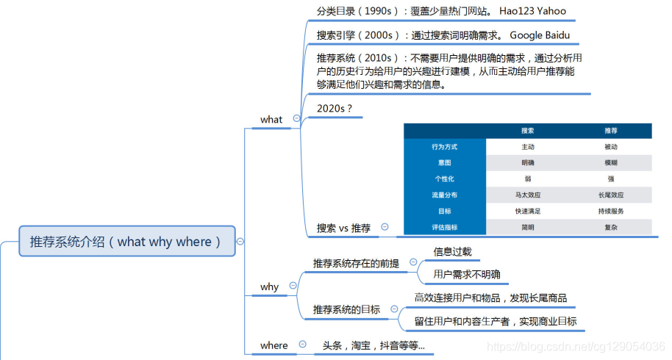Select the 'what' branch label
pyautogui.click(x=271, y=119)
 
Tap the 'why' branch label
pyautogui.click(x=270, y=287)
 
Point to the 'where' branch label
pyautogui.click(x=274, y=345)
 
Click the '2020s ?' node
pyautogui.click(x=335, y=108)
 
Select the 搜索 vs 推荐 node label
pyautogui.click(x=343, y=228)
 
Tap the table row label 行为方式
pyautogui.click(x=444, y=146)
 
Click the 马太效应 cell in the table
pyautogui.click(x=527, y=195)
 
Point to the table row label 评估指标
pyautogui.click(x=444, y=227)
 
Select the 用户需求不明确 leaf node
pyautogui.click(x=466, y=274)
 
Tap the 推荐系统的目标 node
pyautogui.click(x=346, y=309)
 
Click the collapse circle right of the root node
pyautogui.click(x=240, y=241)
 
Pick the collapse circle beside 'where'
pyautogui.click(x=302, y=345)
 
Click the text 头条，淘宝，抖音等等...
pyautogui.click(x=373, y=345)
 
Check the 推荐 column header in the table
pyautogui.click(x=610, y=130)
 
